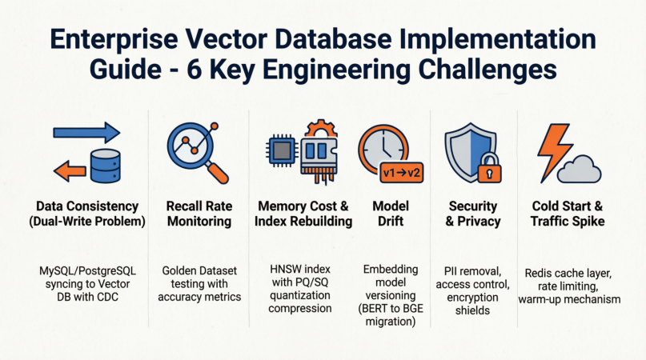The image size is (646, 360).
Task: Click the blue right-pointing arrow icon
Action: pyautogui.click(x=86, y=133)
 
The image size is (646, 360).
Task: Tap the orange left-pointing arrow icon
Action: pyautogui.click(x=67, y=168)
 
